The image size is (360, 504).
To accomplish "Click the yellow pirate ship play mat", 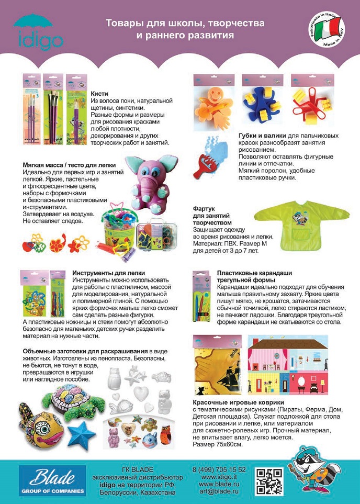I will coord(217,366).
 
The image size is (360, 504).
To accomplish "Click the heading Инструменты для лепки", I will coord(108,274).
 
